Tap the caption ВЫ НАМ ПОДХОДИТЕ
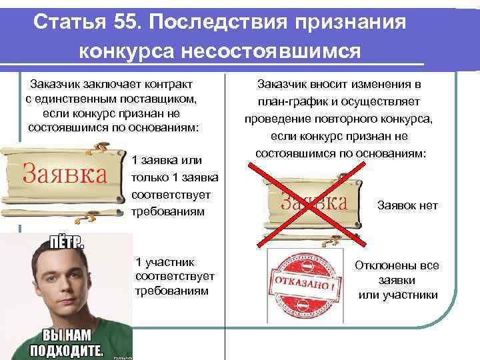tap(64, 341)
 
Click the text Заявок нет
tap(407, 205)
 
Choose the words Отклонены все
tap(397, 265)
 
